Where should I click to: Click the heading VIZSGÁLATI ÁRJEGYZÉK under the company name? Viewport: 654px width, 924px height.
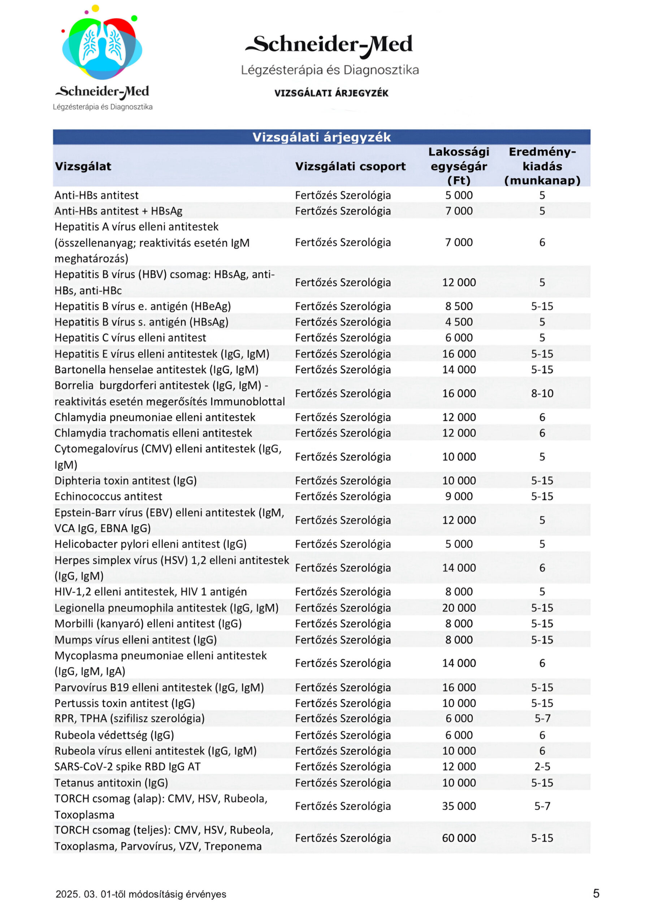(331, 93)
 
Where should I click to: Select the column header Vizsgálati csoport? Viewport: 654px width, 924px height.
(350, 166)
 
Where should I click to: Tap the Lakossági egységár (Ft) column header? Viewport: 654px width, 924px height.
(459, 166)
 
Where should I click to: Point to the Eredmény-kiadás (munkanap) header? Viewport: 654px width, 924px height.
(542, 166)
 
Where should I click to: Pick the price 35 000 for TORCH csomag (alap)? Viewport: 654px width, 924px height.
(459, 806)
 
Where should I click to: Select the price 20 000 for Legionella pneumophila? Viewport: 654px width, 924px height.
(459, 608)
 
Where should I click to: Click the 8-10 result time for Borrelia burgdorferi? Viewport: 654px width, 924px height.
(542, 393)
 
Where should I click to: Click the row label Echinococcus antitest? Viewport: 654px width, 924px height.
(108, 496)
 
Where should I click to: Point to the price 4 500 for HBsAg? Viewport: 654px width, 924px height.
(459, 322)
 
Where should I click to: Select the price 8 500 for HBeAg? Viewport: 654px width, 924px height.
(459, 306)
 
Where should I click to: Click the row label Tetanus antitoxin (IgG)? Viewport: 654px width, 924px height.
(111, 783)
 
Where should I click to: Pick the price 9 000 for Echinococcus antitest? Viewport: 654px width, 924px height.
(459, 496)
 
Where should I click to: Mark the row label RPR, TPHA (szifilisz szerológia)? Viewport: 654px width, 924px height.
(129, 718)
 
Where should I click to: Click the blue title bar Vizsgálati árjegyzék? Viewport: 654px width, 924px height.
(321, 137)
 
